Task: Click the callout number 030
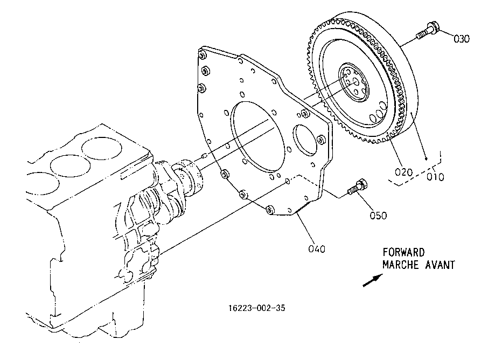click(x=462, y=39)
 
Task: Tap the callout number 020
click(x=404, y=172)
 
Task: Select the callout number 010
click(x=435, y=177)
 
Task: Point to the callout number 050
click(x=378, y=216)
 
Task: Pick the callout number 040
click(x=317, y=249)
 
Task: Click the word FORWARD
click(x=404, y=252)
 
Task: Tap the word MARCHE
click(x=401, y=265)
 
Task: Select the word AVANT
click(x=440, y=265)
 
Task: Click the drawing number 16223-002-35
click(x=256, y=308)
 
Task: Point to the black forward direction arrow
click(x=373, y=280)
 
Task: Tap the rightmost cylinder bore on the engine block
click(x=102, y=148)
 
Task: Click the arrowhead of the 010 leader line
click(x=426, y=159)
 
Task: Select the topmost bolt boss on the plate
click(x=201, y=56)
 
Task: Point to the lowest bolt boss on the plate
click(x=270, y=210)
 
